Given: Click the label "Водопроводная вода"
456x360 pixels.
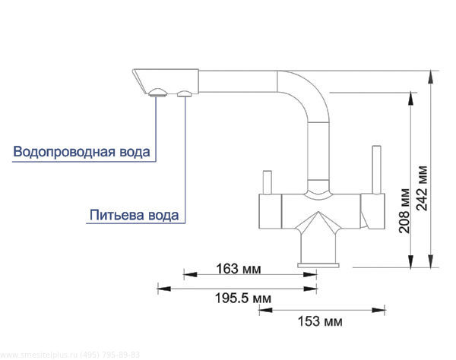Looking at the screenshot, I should tap(82, 151).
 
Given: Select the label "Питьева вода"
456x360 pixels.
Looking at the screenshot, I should tap(135, 215).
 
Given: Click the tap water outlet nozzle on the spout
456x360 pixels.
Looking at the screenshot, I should tap(157, 93).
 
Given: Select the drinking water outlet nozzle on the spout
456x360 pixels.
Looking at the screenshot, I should tap(185, 93).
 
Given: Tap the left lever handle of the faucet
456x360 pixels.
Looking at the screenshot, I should tap(266, 182).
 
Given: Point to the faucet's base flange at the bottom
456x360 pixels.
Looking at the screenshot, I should tap(318, 263).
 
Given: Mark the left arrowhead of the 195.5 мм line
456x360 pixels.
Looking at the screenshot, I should tap(160, 287).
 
